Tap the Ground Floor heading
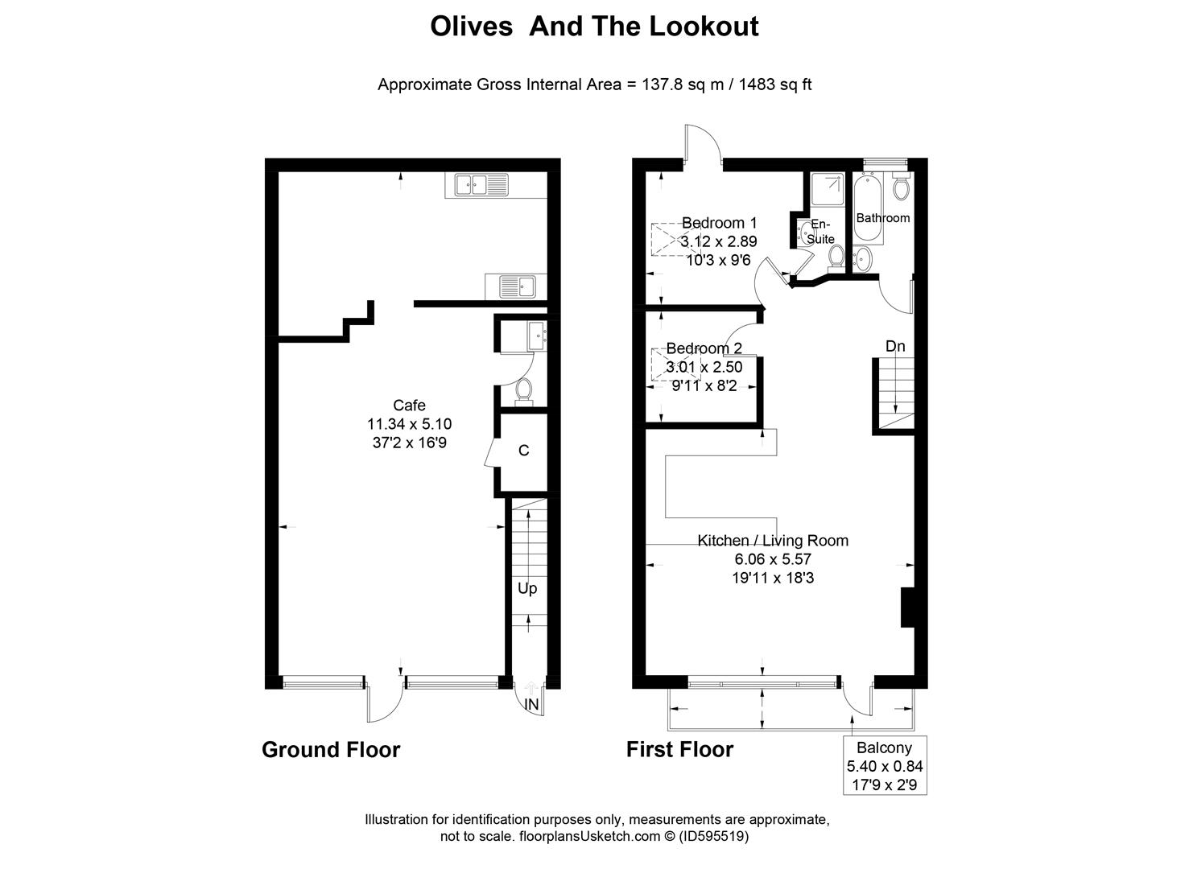pyautogui.click(x=331, y=750)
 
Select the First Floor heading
pyautogui.click(x=679, y=750)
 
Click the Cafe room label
pyautogui.click(x=409, y=406)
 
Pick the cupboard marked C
pyautogui.click(x=523, y=451)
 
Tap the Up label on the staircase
pyautogui.click(x=527, y=589)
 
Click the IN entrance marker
pyautogui.click(x=531, y=705)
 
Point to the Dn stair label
pyautogui.click(x=895, y=347)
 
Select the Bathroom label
pyautogui.click(x=882, y=218)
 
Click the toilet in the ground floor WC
pyautogui.click(x=523, y=390)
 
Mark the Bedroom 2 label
pyautogui.click(x=704, y=348)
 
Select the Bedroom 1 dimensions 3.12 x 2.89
pyautogui.click(x=719, y=241)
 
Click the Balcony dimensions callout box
pyautogui.click(x=885, y=765)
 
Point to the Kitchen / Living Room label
pyautogui.click(x=773, y=541)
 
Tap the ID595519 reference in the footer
pyautogui.click(x=714, y=837)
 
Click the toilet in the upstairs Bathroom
pyautogui.click(x=901, y=189)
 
